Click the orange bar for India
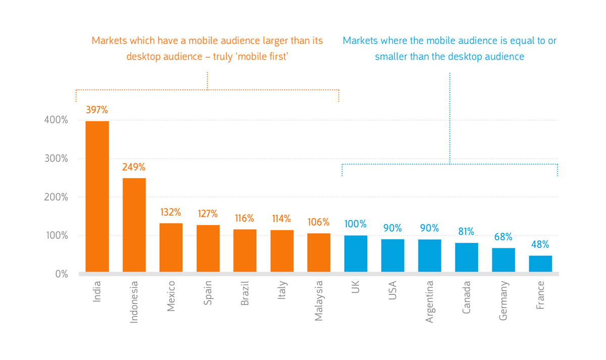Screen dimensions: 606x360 tap(97, 196)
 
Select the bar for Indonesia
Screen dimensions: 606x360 tap(134, 225)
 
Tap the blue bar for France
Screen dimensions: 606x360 tap(540, 264)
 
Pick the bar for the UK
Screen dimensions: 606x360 tap(356, 253)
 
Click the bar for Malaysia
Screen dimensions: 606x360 tap(319, 252)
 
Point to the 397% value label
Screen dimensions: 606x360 tap(97, 110)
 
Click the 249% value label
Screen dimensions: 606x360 tap(134, 167)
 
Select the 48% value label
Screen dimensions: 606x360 tap(540, 244)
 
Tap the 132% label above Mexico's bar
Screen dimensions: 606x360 tap(171, 213)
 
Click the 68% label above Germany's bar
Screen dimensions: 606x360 tap(503, 237)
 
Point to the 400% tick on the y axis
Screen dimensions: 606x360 tap(56, 120)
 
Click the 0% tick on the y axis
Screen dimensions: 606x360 tap(62, 274)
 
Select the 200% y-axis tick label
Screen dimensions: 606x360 tap(56, 197)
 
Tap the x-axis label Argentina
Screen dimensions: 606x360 tap(430, 302)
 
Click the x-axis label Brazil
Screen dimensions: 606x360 tap(244, 293)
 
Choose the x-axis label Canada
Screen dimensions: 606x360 tap(467, 297)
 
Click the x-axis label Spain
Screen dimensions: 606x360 tap(208, 293)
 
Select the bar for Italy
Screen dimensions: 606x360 tap(282, 251)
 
